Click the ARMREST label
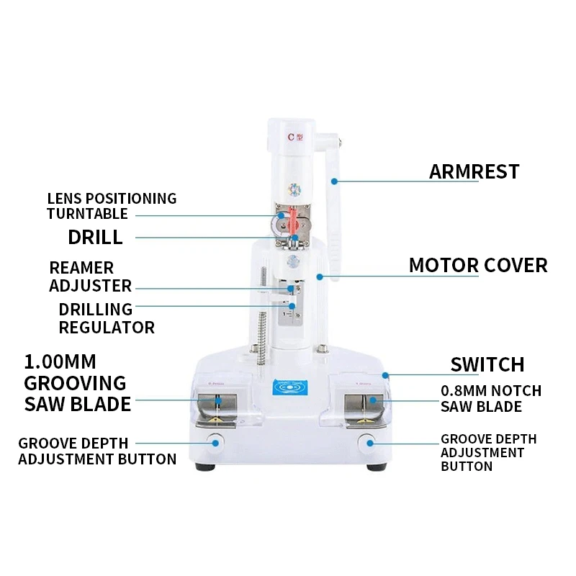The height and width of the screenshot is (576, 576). coord(474,171)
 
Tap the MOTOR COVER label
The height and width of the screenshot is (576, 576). coord(477,265)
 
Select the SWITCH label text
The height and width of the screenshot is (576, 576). coord(487,364)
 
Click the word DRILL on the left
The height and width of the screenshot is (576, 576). coord(95,237)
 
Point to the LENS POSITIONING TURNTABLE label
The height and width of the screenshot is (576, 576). coord(111,206)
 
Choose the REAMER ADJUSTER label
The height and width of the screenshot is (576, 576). coord(90,277)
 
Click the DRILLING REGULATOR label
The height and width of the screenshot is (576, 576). coord(106,318)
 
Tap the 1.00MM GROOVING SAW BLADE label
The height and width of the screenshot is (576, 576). coord(77,382)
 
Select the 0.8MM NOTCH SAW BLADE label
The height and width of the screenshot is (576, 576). coord(491,399)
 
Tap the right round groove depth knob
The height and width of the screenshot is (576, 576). coord(369,441)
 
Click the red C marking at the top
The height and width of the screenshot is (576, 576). coord(292,135)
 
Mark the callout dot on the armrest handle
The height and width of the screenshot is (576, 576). coord(335,181)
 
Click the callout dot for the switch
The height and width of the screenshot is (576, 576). coord(386,374)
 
